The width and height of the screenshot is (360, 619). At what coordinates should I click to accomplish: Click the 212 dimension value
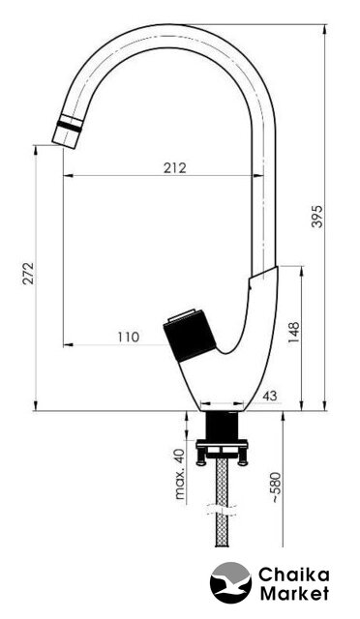(175, 167)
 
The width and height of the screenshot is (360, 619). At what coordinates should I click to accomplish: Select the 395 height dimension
(317, 216)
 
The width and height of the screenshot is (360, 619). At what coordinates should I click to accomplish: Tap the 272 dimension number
(28, 273)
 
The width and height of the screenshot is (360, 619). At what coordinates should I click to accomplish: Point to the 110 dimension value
(129, 338)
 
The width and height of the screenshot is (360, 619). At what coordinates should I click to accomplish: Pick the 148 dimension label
(294, 333)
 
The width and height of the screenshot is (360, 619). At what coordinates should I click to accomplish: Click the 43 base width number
(270, 396)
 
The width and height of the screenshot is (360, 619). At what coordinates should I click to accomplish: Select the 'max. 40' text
(180, 474)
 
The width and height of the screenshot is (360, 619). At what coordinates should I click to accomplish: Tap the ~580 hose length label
(276, 487)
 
